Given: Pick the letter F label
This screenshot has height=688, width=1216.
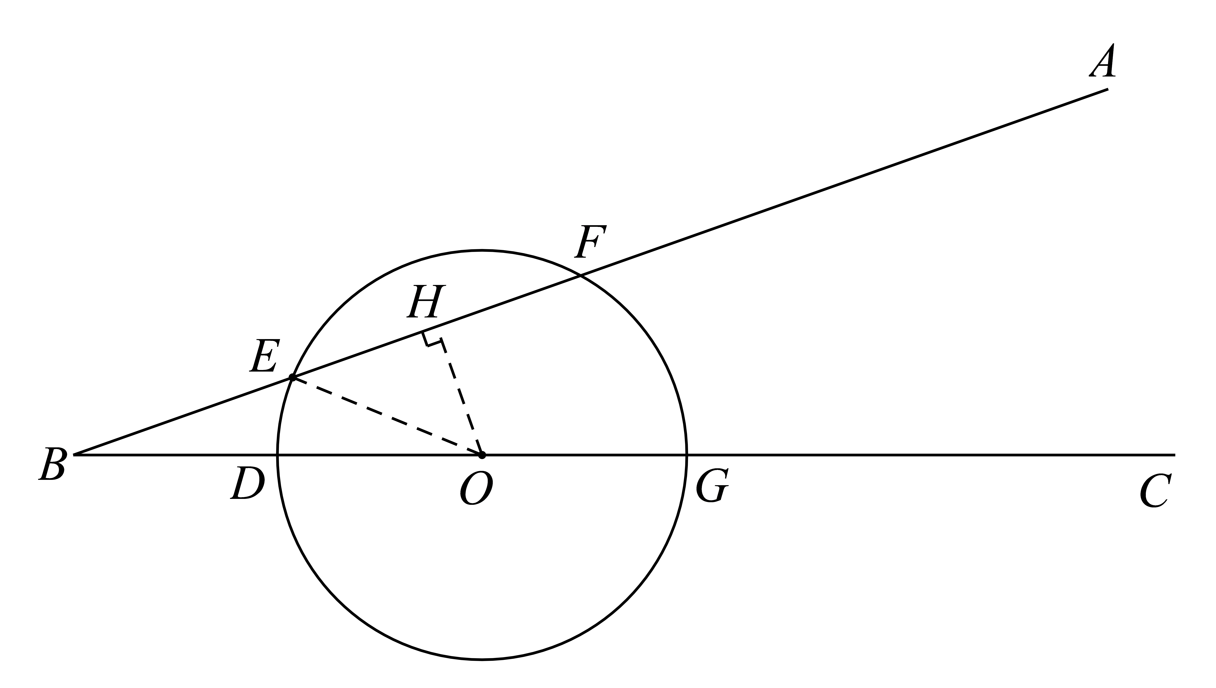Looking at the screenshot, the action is [590, 242].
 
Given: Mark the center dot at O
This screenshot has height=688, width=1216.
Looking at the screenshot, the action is [482, 455].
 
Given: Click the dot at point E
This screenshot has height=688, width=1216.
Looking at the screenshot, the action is [293, 377].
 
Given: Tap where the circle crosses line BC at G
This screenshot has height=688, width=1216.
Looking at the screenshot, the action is [687, 455].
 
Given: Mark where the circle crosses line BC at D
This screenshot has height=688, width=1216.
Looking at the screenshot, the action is [277, 455].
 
